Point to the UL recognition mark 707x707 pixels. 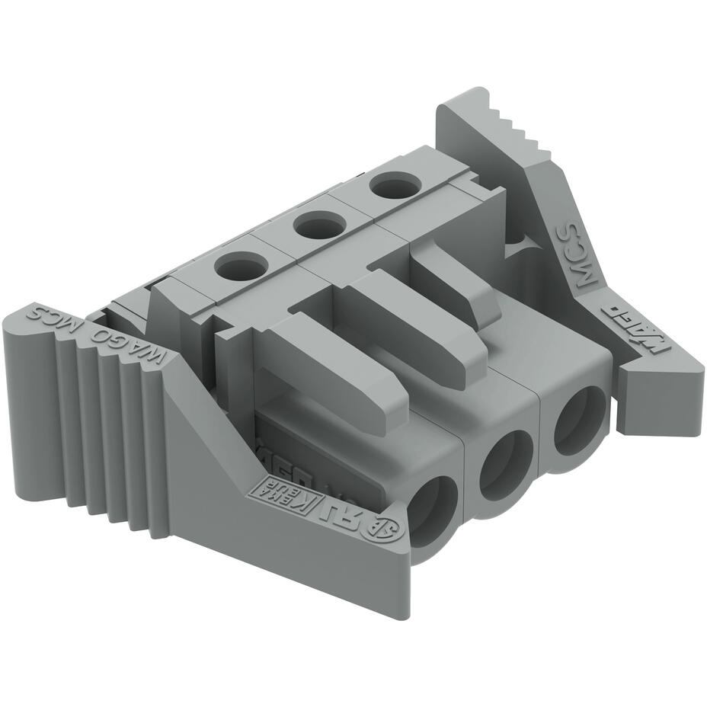[x=342, y=512]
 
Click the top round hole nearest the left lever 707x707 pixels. [x=242, y=267]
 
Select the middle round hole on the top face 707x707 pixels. [x=320, y=225]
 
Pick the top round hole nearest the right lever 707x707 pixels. [x=395, y=185]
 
